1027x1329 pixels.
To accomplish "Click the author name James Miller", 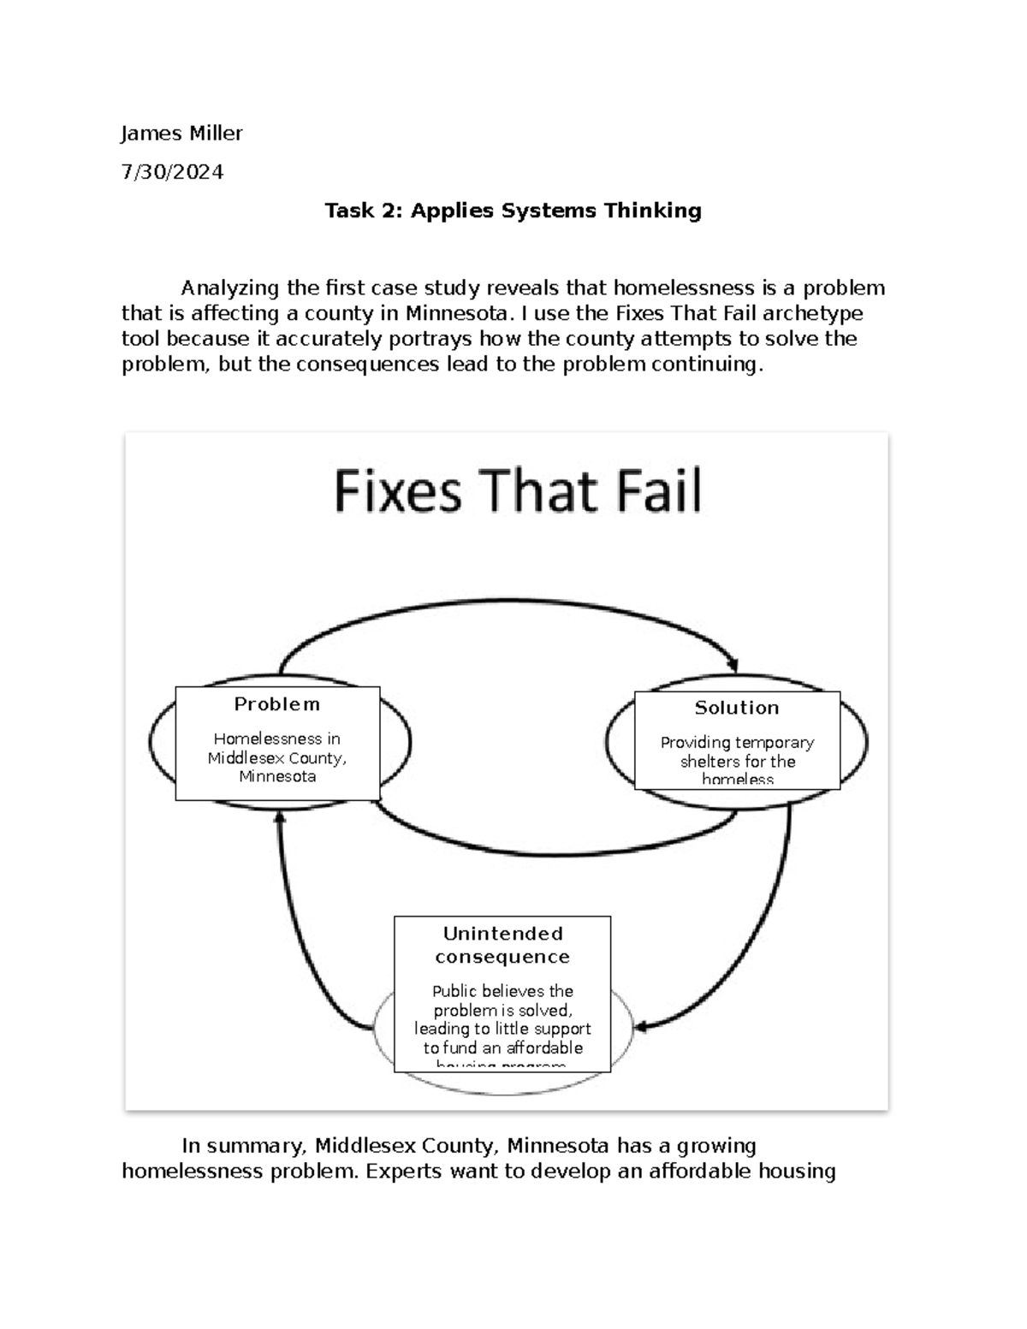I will [181, 133].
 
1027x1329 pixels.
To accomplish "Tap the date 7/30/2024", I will [172, 172].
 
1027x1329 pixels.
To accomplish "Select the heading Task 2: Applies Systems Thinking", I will [513, 211].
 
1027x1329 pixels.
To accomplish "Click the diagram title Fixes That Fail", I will [517, 491].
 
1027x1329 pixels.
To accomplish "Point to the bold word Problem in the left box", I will [277, 704].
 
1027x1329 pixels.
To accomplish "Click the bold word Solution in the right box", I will [737, 708].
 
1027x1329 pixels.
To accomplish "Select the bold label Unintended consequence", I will [502, 945].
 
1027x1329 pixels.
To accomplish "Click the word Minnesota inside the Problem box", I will [277, 777].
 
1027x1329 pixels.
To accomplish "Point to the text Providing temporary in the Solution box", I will [737, 743].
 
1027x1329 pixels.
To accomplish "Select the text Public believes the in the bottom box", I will [502, 991].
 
